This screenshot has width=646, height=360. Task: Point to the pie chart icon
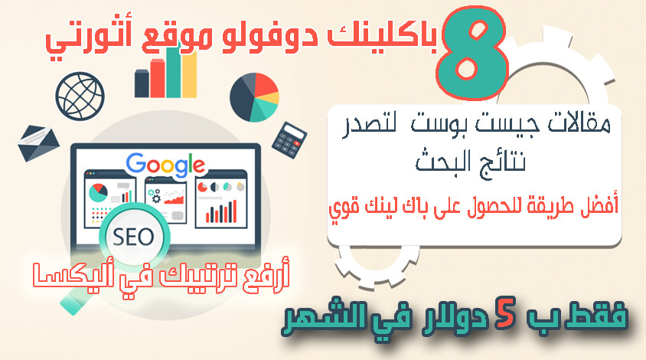pyautogui.click(x=253, y=96)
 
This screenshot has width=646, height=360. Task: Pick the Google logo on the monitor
pyautogui.click(x=166, y=163)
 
